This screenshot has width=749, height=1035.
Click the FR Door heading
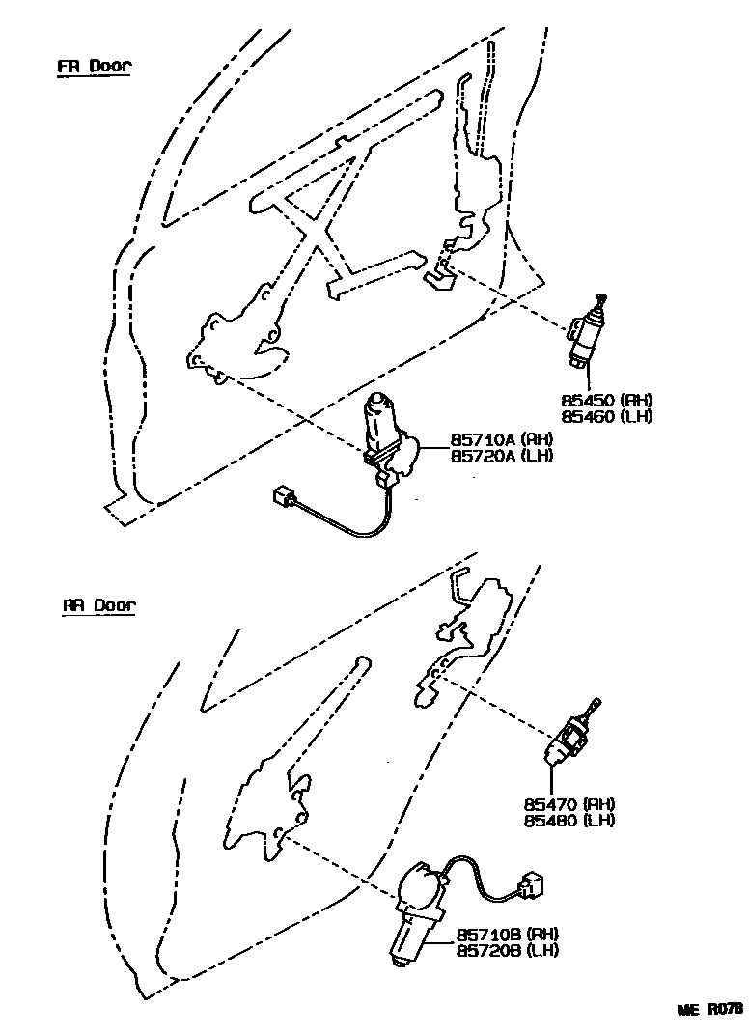coord(93,67)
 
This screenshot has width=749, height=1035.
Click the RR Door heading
coord(100,606)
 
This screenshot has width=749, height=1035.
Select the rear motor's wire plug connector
coord(530,883)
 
